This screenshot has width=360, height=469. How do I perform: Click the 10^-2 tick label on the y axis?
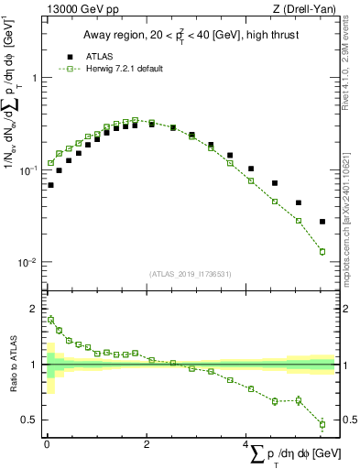coord(29,263)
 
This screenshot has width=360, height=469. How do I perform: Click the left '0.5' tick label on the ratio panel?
coord(31,420)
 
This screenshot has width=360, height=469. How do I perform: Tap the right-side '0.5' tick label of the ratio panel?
coord(346,420)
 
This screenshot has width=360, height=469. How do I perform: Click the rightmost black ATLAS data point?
coord(322,222)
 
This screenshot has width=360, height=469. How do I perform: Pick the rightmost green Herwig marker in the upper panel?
coord(322,252)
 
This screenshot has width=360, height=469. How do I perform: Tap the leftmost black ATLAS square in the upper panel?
coord(50,185)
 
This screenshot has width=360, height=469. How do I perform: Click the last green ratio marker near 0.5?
coord(322,424)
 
